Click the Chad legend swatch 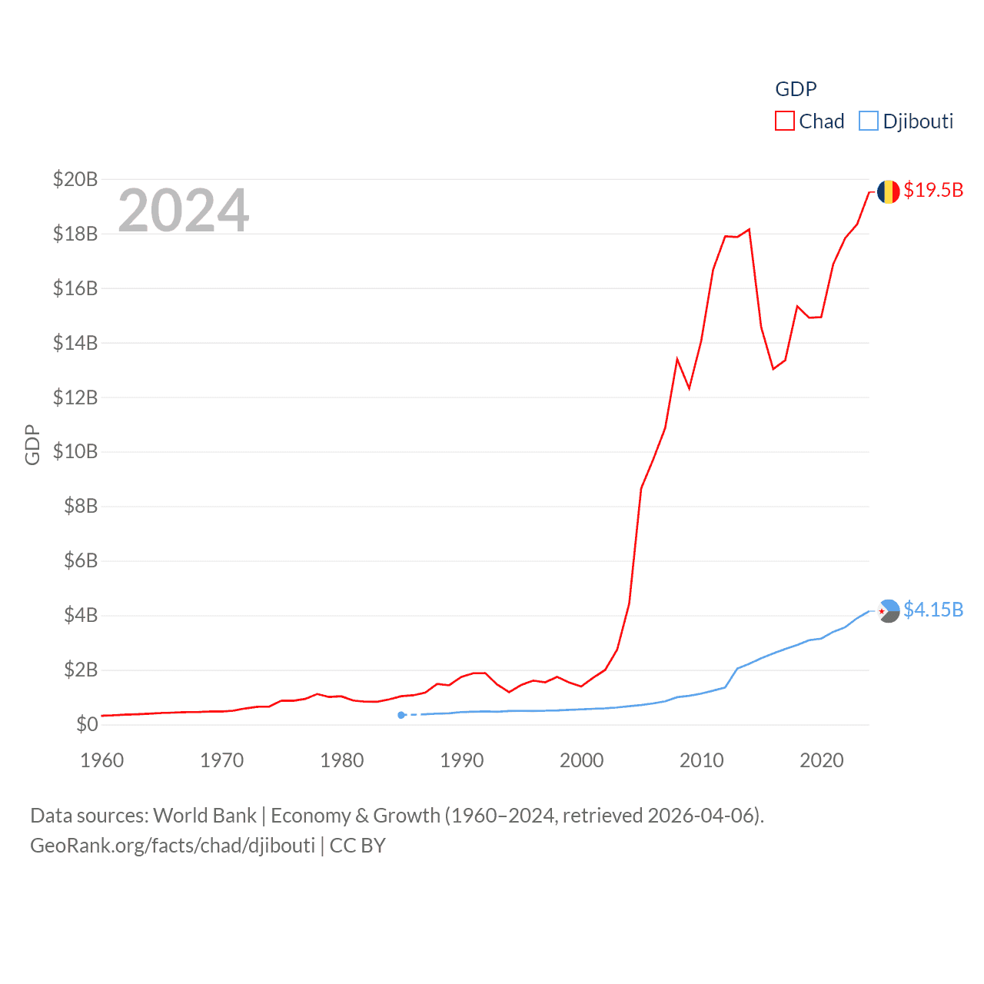pyautogui.click(x=784, y=121)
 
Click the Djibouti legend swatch pyautogui.click(x=868, y=121)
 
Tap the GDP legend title pyautogui.click(x=796, y=89)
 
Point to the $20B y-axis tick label pyautogui.click(x=75, y=179)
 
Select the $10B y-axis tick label pyautogui.click(x=75, y=451)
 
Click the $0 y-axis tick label pyautogui.click(x=87, y=724)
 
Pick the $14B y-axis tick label pyautogui.click(x=75, y=343)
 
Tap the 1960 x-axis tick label pyautogui.click(x=102, y=760)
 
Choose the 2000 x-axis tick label pyautogui.click(x=582, y=760)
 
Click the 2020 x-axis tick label pyautogui.click(x=822, y=760)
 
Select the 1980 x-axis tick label pyautogui.click(x=342, y=760)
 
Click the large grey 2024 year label pyautogui.click(x=184, y=210)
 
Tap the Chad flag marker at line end pyautogui.click(x=888, y=191)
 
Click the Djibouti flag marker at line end pyautogui.click(x=888, y=611)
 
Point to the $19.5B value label pyautogui.click(x=933, y=190)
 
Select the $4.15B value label pyautogui.click(x=933, y=610)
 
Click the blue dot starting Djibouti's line pyautogui.click(x=401, y=715)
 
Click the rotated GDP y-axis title pyautogui.click(x=32, y=444)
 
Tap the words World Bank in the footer pyautogui.click(x=205, y=816)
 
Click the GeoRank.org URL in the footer pyautogui.click(x=172, y=846)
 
